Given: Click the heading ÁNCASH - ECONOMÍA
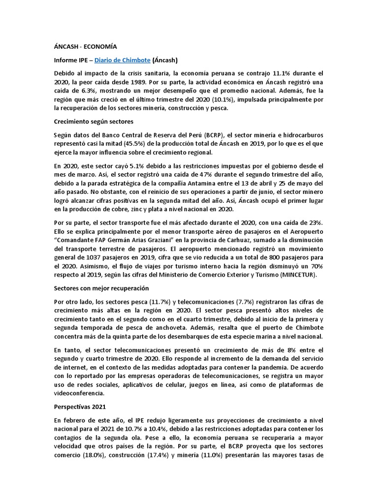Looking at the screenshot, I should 85,47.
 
